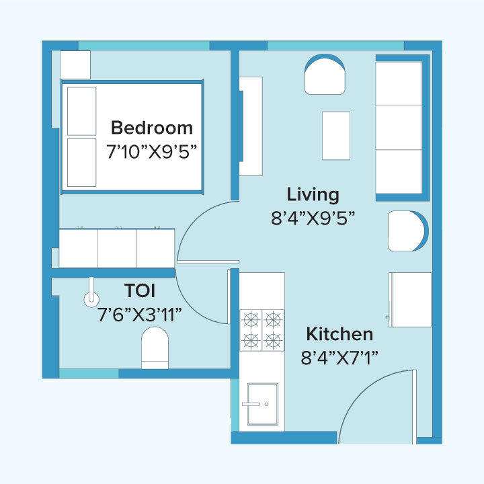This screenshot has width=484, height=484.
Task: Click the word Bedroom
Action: coord(151,128)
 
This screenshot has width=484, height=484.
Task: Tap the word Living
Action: coord(313,195)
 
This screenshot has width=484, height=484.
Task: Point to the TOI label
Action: coord(140,291)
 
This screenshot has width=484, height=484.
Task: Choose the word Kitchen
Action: coord(339,334)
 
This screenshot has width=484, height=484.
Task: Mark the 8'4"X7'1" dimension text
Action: coord(339,357)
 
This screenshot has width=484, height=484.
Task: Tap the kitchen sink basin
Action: coord(262,403)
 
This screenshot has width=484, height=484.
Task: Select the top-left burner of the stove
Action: coord(251,318)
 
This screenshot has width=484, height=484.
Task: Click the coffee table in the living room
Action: coord(335,135)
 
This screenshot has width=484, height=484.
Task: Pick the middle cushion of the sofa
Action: coord(399,127)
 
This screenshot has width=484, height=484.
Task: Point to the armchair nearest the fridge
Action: coord(406,231)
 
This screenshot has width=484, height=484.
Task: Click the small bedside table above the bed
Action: coord(75,65)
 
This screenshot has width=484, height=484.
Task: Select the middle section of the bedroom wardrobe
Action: coord(117,248)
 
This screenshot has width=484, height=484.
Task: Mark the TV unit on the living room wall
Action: coord(250,126)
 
